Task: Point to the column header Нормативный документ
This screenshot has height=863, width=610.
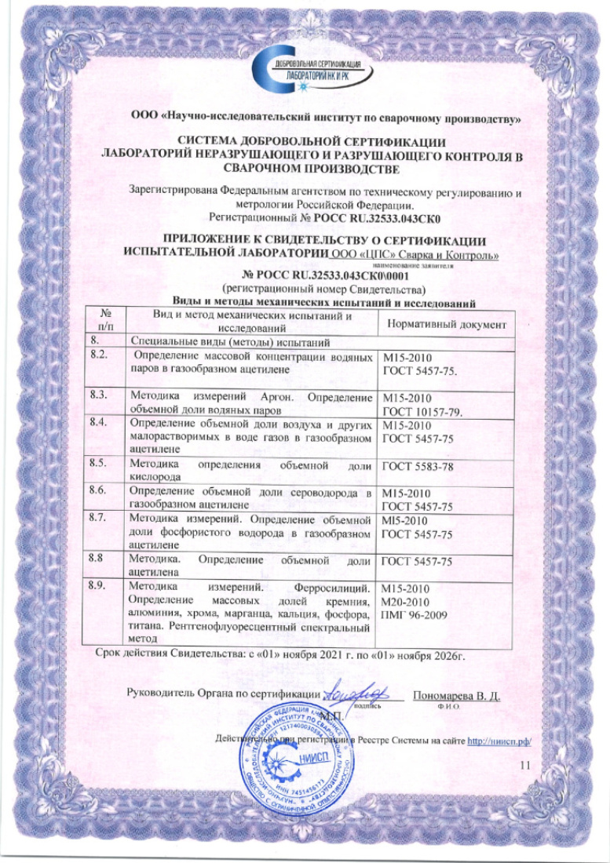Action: tap(444, 323)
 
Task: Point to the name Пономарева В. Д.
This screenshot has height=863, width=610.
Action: tap(456, 695)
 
